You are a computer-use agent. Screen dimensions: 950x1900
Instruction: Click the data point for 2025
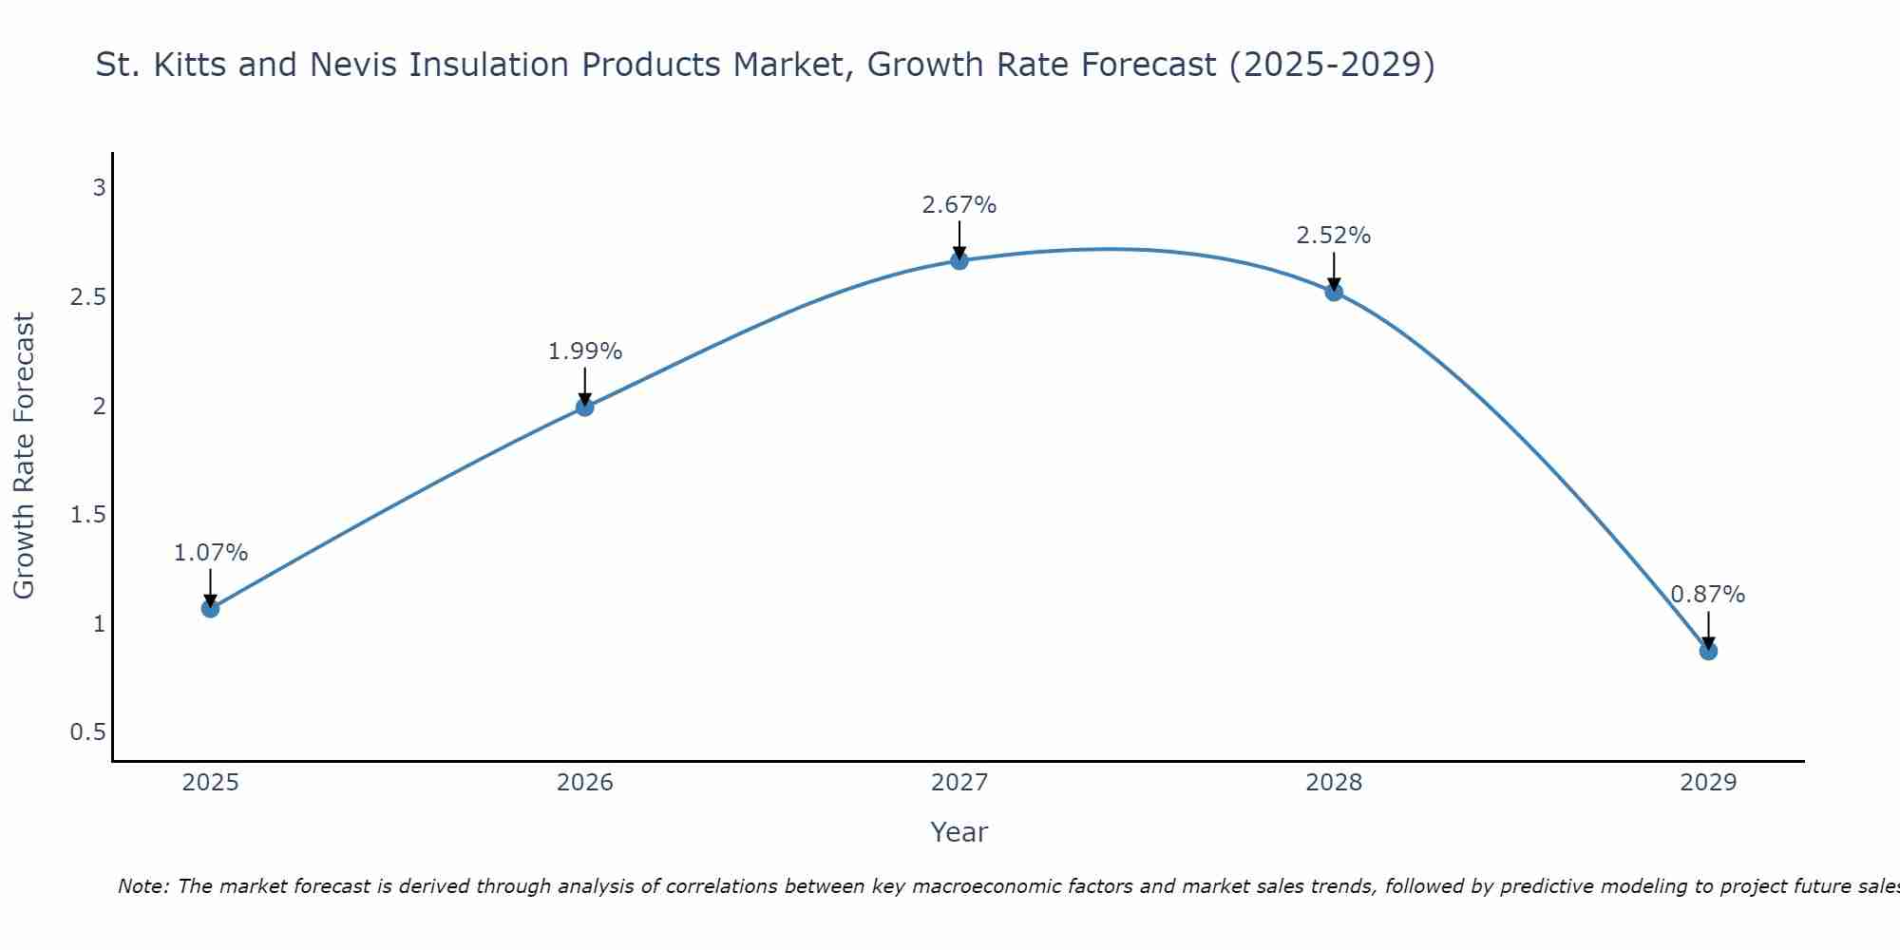211,608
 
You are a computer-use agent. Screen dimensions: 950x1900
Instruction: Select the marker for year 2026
585,408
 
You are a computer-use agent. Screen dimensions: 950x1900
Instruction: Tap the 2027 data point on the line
959,260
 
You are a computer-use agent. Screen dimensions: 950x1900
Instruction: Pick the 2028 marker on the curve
1334,292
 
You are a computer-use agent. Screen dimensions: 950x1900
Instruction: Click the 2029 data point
1708,651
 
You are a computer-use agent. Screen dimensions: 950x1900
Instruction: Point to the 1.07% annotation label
211,553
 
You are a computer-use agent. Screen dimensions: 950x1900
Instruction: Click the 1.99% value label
585,351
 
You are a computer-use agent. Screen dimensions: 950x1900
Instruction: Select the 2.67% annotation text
959,205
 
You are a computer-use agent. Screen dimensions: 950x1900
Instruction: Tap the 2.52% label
1334,236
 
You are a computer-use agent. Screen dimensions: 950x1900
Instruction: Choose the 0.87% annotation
1708,595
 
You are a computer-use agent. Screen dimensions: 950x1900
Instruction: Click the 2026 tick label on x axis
585,783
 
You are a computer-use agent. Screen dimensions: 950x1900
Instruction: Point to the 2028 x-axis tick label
1334,783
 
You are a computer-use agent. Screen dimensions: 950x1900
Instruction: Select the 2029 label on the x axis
1708,783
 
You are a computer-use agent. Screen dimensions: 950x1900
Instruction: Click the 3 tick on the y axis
99,188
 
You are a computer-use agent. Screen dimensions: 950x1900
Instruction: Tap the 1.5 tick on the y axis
87,515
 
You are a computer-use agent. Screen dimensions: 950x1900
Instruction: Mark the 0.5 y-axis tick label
87,732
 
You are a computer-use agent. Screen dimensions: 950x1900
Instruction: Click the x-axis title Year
959,832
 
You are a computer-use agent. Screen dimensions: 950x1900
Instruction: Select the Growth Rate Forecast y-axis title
24,456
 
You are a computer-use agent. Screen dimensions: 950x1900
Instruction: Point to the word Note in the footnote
142,886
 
